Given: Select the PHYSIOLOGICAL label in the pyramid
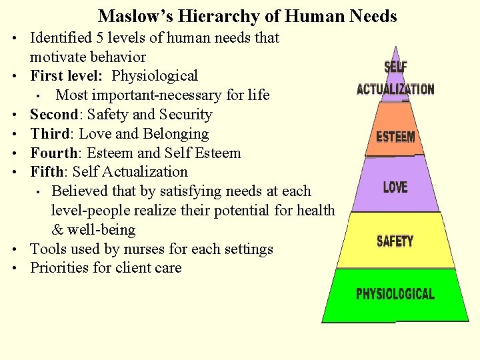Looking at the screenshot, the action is (395, 294).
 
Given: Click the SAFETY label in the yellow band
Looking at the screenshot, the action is (395, 241).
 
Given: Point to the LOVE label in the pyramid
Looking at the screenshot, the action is (396, 187).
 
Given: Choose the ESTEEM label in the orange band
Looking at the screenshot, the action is (395, 137).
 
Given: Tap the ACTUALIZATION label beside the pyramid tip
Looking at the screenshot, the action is (395, 89).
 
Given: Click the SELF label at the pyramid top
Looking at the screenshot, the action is (395, 67).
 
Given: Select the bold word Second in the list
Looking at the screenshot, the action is (54, 115).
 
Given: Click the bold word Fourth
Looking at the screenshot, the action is (53, 153).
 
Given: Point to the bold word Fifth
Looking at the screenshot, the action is (48, 172).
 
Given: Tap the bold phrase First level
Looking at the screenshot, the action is (66, 76).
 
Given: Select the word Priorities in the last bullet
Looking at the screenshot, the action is (59, 268).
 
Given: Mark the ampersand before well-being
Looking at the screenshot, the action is (57, 230).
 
